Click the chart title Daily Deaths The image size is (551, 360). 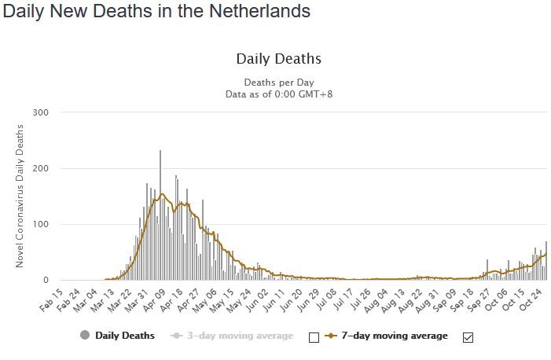point(278,59)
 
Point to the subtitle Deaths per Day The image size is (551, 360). point(278,82)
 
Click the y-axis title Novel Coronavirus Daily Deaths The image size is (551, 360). point(20,197)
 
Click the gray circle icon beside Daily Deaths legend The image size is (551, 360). point(85,336)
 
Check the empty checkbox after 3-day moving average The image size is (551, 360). point(314,337)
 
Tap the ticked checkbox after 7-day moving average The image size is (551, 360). point(468,337)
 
